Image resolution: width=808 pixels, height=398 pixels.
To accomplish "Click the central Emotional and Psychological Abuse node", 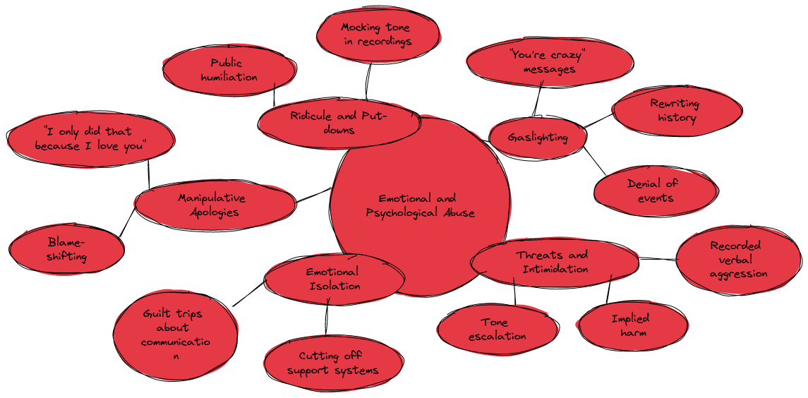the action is coord(420,205).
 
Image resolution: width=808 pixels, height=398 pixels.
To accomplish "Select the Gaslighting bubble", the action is coord(538,137).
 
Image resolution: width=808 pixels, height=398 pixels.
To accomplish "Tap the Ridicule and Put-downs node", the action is coord(339,122).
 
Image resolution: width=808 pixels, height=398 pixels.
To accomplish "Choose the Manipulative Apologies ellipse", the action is coord(215,205).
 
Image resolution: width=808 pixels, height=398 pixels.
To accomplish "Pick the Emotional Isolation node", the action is coord(334,279).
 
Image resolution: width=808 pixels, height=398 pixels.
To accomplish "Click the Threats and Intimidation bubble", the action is coord(555,262).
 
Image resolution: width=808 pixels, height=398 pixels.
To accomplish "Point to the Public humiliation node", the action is coord(229,70).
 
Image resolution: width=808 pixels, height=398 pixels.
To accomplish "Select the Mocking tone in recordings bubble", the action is coord(378,34).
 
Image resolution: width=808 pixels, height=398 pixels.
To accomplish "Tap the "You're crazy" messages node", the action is coord(549,62).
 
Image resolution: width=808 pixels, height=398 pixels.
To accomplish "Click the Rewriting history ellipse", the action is coord(677,110).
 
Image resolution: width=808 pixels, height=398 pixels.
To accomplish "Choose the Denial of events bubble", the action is coord(656,191).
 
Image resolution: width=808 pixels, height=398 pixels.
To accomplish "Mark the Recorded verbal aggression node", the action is coord(739,260).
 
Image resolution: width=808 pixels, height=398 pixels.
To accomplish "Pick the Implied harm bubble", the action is coord(633,326).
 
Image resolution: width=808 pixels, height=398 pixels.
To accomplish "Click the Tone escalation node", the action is coord(498,330).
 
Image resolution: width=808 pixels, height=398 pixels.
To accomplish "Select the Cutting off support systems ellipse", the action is coord(333,363).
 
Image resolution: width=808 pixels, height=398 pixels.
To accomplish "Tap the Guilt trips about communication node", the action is coord(176,334).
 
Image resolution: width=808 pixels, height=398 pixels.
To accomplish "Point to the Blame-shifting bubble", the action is coord(66,250).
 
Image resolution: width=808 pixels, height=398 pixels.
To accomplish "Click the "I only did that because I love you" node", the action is coord(91,139).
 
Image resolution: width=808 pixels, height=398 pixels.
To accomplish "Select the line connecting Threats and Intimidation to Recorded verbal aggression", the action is coord(658,259).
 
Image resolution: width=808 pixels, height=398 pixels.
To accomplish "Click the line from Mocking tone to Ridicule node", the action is coord(368,80).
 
